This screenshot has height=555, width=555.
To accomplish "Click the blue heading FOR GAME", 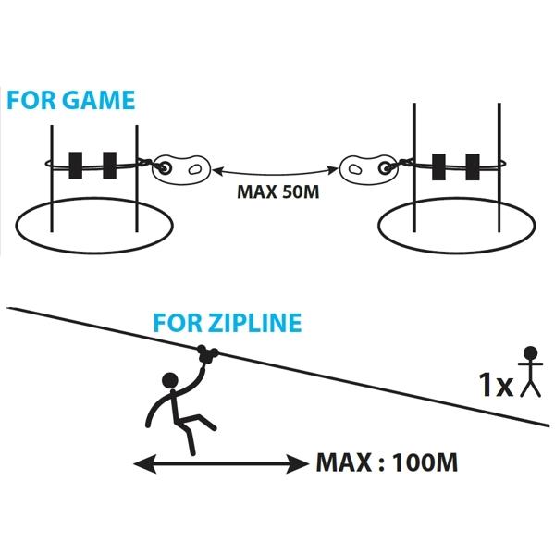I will point(70,100).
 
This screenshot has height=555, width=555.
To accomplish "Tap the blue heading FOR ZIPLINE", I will point(228,324).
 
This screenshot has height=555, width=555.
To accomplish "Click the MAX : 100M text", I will point(387,462).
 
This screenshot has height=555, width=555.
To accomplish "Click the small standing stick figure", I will point(529,372).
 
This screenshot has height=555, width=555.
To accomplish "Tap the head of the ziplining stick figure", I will point(170,379).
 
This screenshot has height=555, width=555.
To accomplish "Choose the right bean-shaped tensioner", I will point(365,168).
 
